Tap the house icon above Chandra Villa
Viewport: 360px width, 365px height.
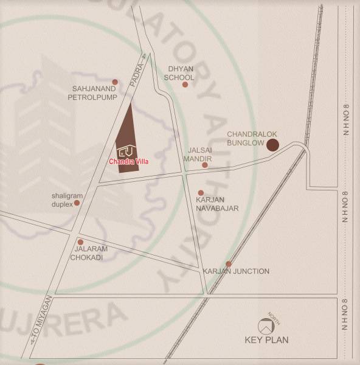[126, 150]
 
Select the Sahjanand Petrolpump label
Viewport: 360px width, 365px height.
[92, 92]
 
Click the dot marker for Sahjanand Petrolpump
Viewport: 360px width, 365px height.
[114, 82]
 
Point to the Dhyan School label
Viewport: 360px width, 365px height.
[181, 73]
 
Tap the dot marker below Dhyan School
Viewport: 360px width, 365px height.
[185, 85]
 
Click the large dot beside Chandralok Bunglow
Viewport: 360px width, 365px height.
[273, 145]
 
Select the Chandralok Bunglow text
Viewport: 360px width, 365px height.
[245, 138]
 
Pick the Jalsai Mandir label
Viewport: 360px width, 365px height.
[199, 153]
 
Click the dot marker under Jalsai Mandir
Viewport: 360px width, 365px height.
[205, 165]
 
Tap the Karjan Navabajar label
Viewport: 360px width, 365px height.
[217, 204]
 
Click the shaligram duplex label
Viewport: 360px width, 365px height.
[62, 200]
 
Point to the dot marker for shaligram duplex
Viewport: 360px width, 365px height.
[77, 203]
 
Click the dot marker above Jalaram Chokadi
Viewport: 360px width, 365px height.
[80, 242]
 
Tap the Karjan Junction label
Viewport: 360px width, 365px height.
[236, 271]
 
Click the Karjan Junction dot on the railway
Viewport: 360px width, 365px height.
[229, 263]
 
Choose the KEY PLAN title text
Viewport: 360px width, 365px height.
[266, 340]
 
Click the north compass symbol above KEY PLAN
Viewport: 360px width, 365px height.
[265, 324]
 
